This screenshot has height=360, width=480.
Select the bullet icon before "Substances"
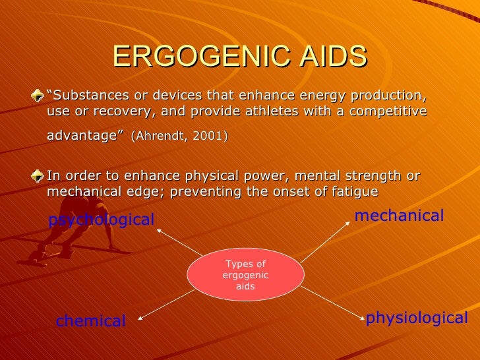(x=41, y=95)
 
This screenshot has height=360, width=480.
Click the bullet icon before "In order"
(x=41, y=177)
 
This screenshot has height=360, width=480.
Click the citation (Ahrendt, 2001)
(x=179, y=136)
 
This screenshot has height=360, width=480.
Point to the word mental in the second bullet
(x=319, y=176)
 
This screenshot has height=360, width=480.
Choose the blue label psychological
(x=101, y=220)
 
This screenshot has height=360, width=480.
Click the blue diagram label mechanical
(x=399, y=216)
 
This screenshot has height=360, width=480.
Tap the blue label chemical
(x=90, y=321)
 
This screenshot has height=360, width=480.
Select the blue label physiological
(x=417, y=318)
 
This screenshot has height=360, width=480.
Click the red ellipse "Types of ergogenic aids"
(x=245, y=275)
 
